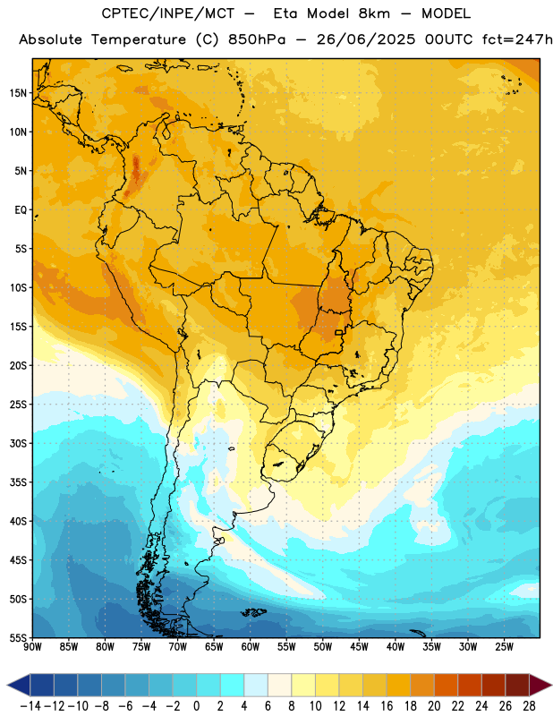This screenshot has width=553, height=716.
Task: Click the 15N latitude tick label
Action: (x=18, y=93)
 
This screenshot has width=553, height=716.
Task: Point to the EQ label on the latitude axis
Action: (x=21, y=210)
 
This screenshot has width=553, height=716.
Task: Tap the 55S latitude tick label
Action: (x=18, y=638)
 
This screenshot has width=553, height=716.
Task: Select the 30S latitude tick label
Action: (x=18, y=443)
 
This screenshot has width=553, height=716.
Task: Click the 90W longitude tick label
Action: (x=32, y=647)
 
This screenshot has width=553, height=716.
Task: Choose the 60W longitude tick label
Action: (x=251, y=647)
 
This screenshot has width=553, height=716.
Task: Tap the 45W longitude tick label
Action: (x=360, y=647)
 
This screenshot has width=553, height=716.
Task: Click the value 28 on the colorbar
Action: (x=529, y=706)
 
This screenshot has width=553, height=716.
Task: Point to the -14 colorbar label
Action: (x=30, y=706)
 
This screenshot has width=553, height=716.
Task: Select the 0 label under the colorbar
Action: (x=196, y=706)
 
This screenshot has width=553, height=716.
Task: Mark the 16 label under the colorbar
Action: (x=387, y=706)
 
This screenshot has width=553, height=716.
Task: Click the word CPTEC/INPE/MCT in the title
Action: (x=168, y=13)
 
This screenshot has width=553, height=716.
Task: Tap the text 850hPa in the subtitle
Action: (x=257, y=39)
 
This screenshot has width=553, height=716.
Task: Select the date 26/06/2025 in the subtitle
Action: (x=366, y=39)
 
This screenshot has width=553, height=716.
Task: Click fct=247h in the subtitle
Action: (x=518, y=39)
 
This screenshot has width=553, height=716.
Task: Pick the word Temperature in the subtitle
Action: (x=139, y=39)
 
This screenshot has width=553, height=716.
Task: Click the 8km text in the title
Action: (x=374, y=13)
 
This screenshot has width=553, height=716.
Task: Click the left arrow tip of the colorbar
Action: (x=7, y=686)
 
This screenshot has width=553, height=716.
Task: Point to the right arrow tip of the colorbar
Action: (x=552, y=686)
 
